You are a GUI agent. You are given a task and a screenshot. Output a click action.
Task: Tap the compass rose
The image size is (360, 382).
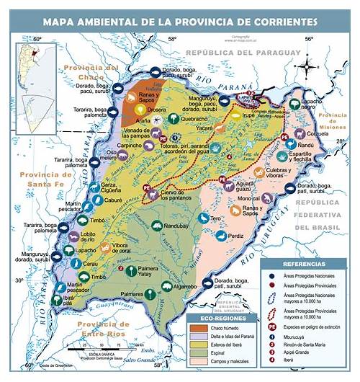[x=309, y=68]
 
